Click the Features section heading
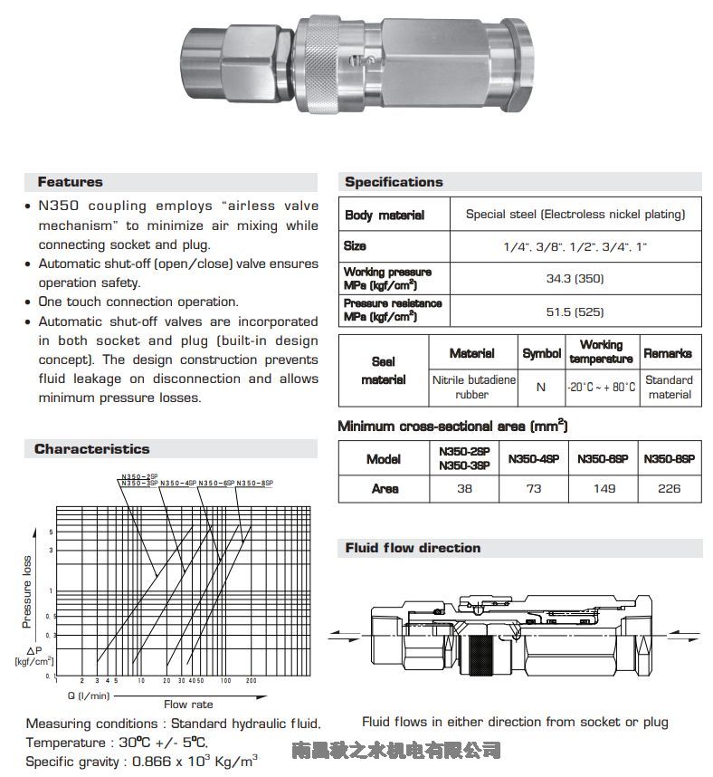click(x=71, y=182)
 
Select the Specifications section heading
click(x=394, y=182)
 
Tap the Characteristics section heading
click(x=92, y=449)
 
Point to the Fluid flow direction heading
click(x=413, y=548)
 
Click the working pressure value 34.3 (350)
click(x=575, y=278)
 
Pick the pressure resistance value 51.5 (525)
click(x=575, y=312)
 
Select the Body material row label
click(x=384, y=216)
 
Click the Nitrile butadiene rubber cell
click(x=472, y=387)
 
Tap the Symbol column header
click(x=541, y=353)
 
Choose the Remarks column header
click(x=668, y=353)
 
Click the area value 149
click(x=604, y=488)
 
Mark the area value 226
click(x=669, y=488)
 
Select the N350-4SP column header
click(x=534, y=459)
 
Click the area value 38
click(x=464, y=488)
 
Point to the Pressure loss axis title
click(x=27, y=591)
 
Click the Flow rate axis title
click(x=188, y=704)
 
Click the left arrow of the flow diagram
click(x=344, y=633)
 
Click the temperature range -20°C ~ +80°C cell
click(x=602, y=387)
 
